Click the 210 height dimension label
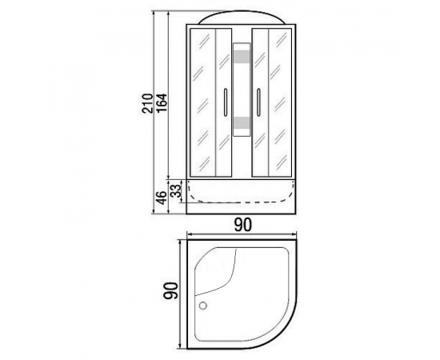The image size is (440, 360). point(147,103)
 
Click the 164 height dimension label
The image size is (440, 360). point(162,102)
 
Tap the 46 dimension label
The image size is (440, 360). point(162,198)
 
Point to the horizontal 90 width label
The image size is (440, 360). point(242,225)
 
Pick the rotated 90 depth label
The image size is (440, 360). point(171,291)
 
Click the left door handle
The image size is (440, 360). point(225,102)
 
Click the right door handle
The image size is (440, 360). point(258,102)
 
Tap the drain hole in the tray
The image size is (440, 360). point(203,306)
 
